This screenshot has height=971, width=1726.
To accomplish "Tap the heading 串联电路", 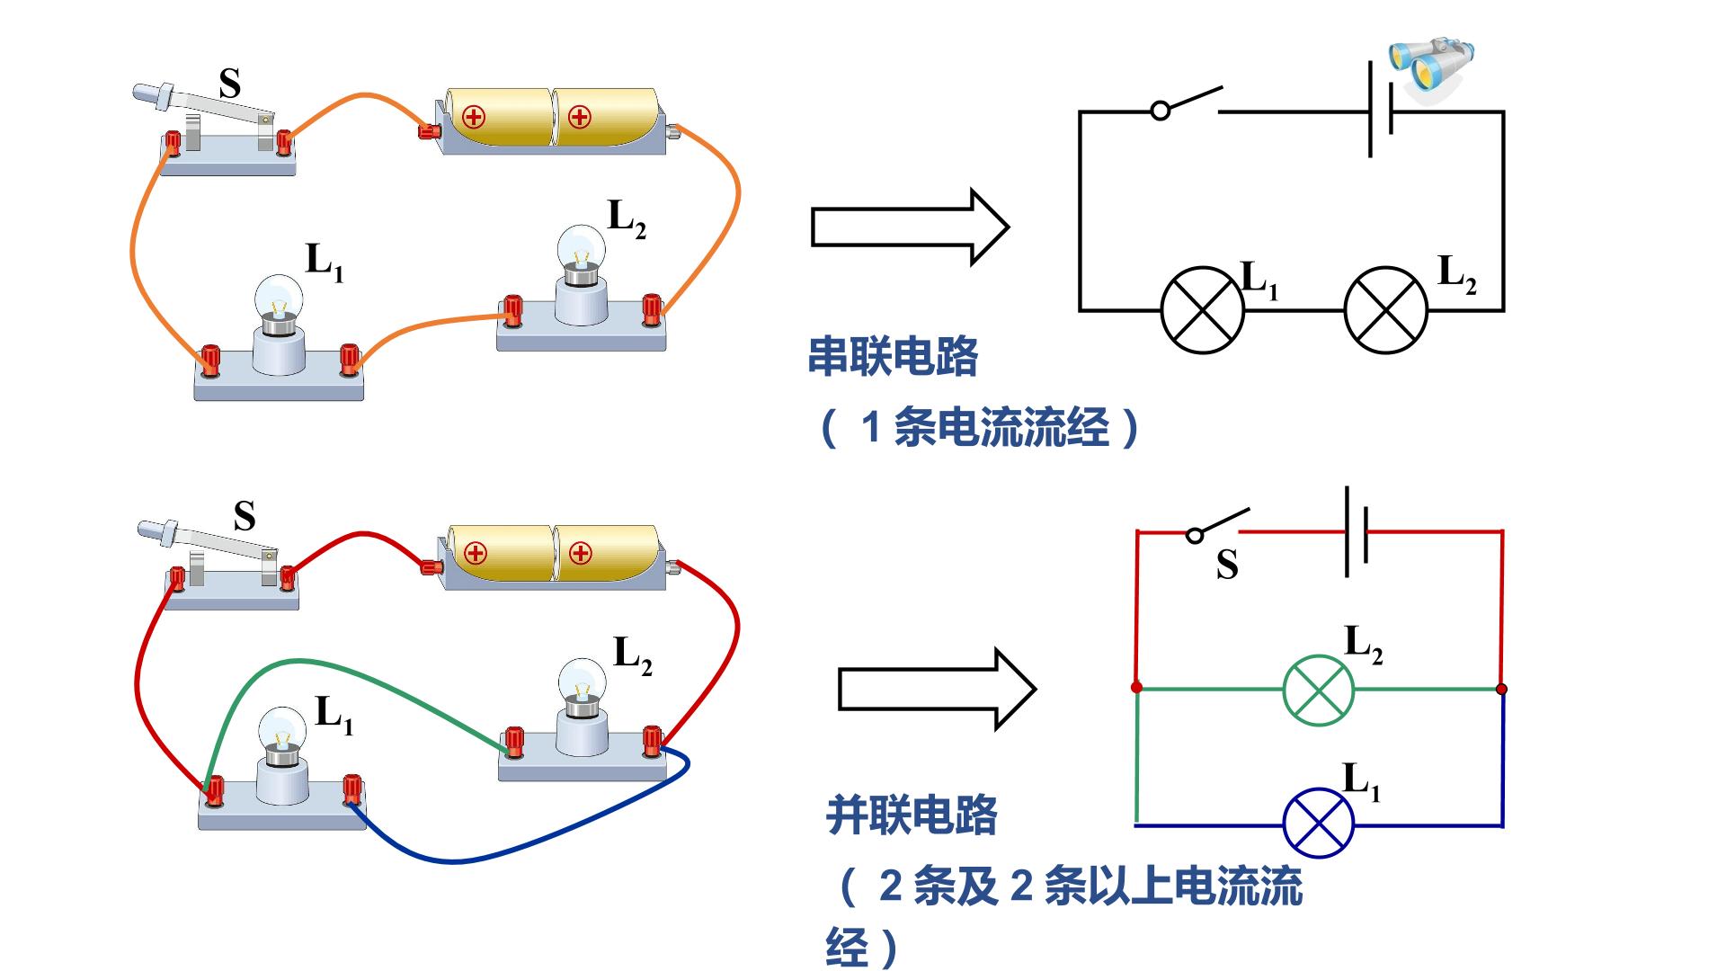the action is tap(893, 357).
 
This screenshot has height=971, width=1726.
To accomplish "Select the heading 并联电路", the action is tap(912, 815).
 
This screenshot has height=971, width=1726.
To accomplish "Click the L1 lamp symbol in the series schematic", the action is tap(1203, 310).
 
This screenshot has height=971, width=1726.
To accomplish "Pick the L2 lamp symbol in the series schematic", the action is tap(1386, 310).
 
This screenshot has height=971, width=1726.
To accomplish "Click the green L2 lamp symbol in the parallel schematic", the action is tap(1318, 690).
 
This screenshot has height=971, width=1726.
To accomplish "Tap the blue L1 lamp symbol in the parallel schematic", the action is tap(1318, 823).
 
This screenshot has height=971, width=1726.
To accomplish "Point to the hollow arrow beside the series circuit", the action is tap(911, 227).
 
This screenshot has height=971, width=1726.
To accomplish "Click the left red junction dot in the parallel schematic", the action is tap(1137, 688).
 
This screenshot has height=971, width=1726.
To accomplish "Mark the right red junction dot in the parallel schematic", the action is tap(1501, 690).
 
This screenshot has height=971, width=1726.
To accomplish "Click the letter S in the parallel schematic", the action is tap(1228, 565).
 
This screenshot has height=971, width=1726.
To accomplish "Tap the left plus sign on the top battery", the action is tap(474, 117).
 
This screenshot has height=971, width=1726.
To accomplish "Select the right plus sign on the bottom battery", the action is tap(581, 553).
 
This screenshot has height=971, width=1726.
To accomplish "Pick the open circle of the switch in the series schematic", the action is tap(1161, 111).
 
